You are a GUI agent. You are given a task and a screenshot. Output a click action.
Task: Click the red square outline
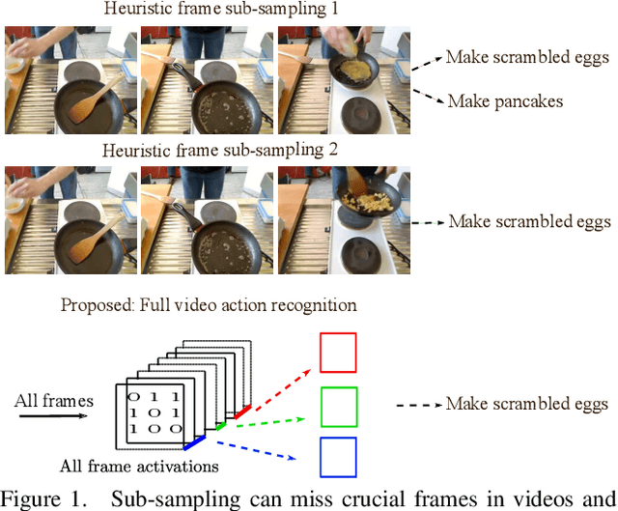pos(337,353)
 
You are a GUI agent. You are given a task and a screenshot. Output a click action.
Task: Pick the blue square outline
pos(337,457)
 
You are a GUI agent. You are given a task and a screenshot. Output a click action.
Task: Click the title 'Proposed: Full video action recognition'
pos(209,305)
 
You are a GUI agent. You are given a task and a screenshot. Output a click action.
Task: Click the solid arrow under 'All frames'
pos(51,416)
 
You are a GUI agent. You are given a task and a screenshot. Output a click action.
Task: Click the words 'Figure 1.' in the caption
pos(40,499)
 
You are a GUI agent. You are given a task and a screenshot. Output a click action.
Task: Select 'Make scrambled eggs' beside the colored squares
pos(527,404)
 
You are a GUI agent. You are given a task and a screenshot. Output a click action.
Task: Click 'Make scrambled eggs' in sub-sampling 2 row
pos(529,221)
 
